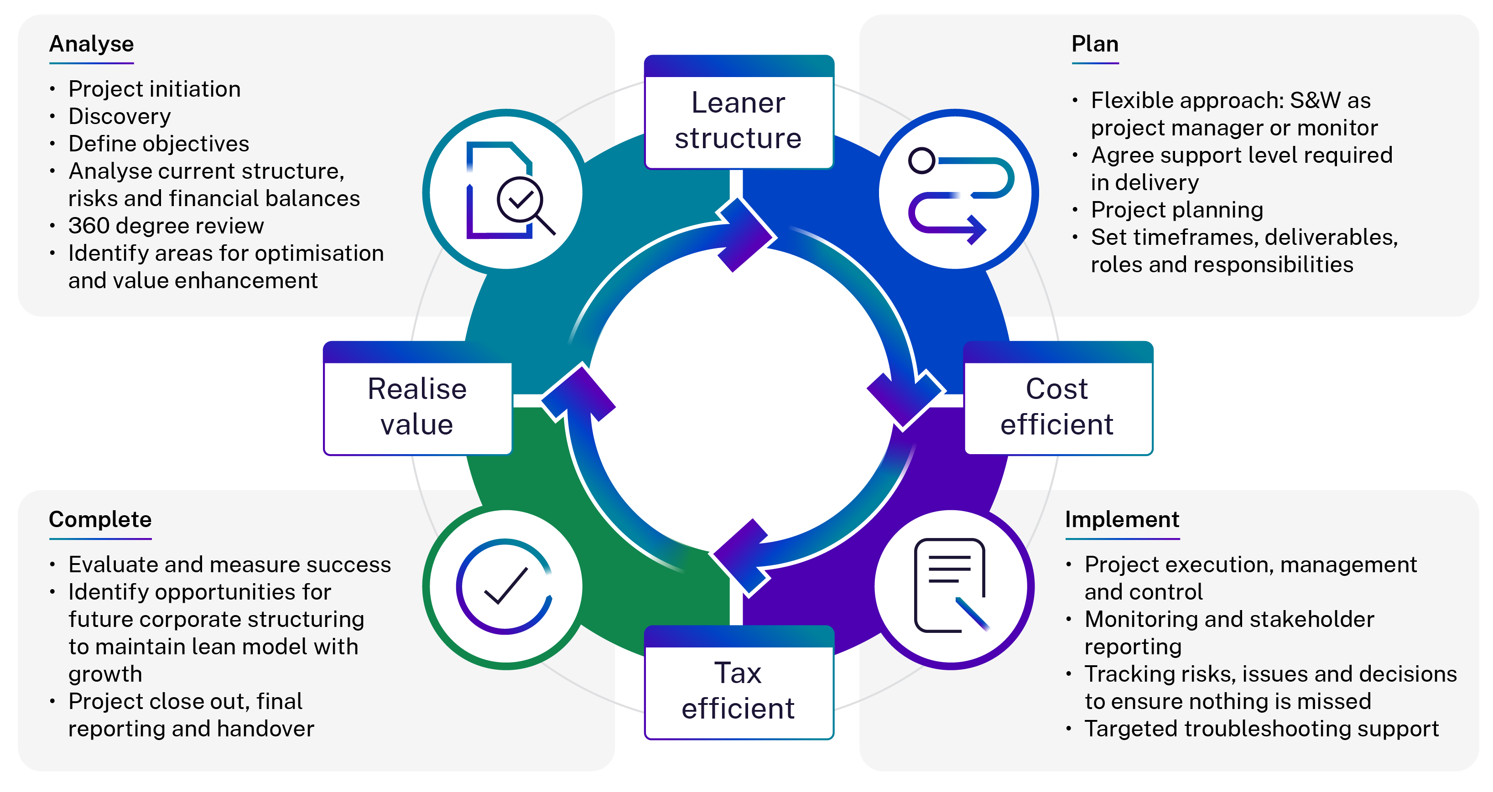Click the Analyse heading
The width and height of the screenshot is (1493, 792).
92,45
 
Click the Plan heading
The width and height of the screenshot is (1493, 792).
1095,45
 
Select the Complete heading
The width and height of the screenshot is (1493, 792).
100,520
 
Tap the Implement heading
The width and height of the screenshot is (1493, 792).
1122,520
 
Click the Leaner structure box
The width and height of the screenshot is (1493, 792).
739,120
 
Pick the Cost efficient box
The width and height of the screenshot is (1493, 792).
1057,407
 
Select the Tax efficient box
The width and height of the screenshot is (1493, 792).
739,691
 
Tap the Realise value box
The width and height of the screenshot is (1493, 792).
417,407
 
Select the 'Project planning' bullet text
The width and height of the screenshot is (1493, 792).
1176,210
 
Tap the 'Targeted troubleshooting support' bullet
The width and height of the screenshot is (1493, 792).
1261,729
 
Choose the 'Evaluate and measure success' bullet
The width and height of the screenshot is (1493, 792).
229,565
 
